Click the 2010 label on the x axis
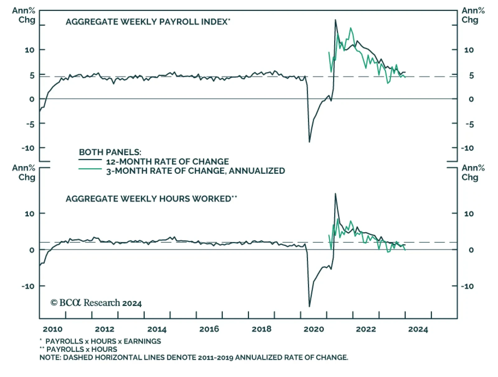point(52,329)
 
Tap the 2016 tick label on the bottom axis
point(209,329)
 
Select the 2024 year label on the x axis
point(418,329)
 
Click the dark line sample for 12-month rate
point(90,160)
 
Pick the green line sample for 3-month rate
point(90,169)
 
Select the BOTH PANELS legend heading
point(110,152)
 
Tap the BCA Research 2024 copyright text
point(96,303)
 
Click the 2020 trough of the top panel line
point(309,142)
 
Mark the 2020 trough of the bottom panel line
point(309,306)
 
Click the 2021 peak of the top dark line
point(335,20)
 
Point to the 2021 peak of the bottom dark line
point(335,194)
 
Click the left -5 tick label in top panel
point(30,124)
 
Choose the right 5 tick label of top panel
point(471,76)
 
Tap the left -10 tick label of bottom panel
point(28,286)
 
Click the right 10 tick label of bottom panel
point(469,214)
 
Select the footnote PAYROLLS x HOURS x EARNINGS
point(103,341)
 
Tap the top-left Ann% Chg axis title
point(24,15)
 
